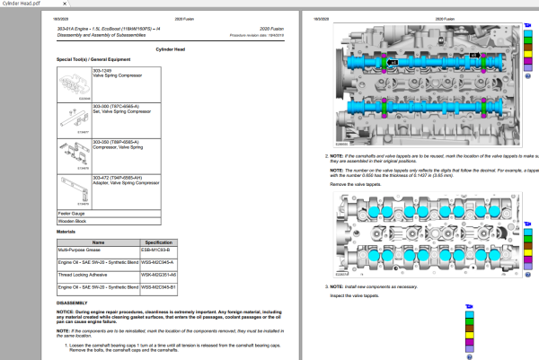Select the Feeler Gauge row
tap(72, 213)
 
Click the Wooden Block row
tap(73, 221)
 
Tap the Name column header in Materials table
tap(100, 241)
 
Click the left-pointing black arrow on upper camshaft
tap(393, 63)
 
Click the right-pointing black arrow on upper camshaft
tap(473, 55)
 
